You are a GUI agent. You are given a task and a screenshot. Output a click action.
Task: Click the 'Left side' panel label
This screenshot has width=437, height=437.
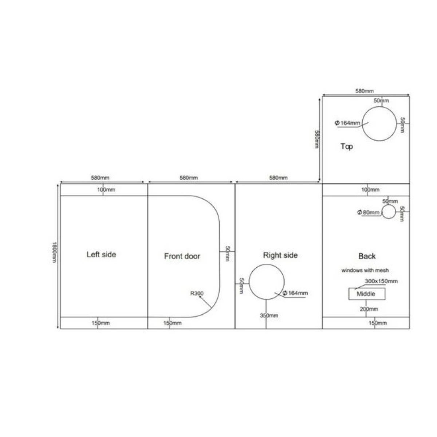[x=101, y=255]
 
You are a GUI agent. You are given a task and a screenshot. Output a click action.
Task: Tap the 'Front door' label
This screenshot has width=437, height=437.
[x=182, y=256]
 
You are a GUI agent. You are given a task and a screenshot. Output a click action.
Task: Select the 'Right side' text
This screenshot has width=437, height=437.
[x=280, y=255]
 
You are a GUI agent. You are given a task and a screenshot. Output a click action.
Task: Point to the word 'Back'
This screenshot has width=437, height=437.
[x=367, y=256]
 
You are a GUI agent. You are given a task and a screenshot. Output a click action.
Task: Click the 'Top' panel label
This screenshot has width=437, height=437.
[x=347, y=146]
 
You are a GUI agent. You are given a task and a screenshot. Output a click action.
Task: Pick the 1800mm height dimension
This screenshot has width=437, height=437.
[x=54, y=252]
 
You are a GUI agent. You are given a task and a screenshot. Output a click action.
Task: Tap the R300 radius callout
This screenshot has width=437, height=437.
[x=197, y=293]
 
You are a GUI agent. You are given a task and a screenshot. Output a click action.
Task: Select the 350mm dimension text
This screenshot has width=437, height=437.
[x=269, y=315]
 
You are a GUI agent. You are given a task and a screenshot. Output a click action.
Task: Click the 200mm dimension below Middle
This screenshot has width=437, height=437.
[x=369, y=309]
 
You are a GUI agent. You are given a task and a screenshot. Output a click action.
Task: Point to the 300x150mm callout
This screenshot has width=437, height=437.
[x=381, y=281]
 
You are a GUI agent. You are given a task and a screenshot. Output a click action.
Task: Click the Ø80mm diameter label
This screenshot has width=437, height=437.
[x=368, y=212]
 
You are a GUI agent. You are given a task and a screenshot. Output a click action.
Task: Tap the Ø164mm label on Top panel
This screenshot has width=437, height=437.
[x=347, y=123]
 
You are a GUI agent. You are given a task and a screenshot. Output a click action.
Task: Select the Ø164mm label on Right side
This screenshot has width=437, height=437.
[x=295, y=293]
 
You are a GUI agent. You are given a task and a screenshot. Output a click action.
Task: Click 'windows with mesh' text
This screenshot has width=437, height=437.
[x=365, y=270]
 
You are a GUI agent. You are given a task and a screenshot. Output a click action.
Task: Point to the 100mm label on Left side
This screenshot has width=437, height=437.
[x=106, y=190]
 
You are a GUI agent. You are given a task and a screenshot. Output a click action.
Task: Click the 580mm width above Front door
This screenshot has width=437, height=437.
[x=189, y=178]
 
